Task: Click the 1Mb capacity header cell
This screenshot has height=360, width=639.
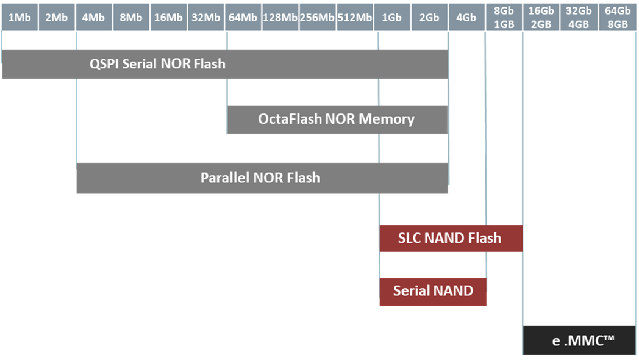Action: tap(20, 17)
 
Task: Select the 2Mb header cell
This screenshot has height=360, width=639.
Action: tap(57, 17)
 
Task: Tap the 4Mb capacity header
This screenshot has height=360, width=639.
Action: tap(94, 17)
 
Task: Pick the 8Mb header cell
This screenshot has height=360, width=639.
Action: tap(131, 17)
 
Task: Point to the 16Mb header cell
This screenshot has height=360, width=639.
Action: tap(168, 17)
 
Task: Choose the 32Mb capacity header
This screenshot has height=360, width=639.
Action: tap(205, 17)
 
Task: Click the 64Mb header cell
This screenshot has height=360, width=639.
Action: tap(243, 17)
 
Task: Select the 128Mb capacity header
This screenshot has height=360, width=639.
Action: tap(280, 17)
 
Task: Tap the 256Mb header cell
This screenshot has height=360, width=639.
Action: tap(317, 17)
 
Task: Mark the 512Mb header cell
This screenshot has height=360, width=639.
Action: tap(354, 17)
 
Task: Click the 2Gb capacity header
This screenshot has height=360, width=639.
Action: tap(429, 17)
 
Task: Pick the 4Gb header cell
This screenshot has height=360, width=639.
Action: tap(466, 17)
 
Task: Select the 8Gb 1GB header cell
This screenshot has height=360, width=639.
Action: tap(504, 16)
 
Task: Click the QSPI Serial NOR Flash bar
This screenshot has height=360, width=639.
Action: tap(225, 64)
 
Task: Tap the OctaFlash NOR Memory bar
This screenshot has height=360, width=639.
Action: tap(337, 120)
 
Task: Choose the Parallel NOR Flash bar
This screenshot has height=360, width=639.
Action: tap(262, 178)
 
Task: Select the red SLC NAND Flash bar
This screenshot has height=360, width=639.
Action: tap(451, 238)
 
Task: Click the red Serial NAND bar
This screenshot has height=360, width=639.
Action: tap(433, 291)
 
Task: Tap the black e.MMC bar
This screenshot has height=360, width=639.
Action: tap(579, 340)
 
